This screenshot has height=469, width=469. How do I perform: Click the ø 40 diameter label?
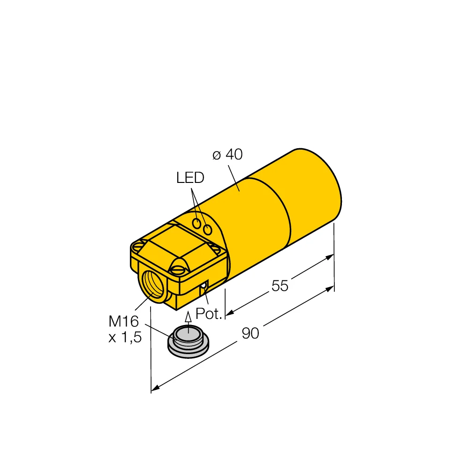click(x=228, y=155)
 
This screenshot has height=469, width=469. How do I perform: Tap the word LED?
click(x=190, y=178)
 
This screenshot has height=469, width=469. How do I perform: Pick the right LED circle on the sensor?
click(x=208, y=228)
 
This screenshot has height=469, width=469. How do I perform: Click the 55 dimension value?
click(x=280, y=286)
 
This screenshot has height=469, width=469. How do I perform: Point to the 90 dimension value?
click(x=250, y=333)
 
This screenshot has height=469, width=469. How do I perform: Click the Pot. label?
click(x=208, y=314)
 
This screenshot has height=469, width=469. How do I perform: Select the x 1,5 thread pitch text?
click(x=125, y=338)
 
